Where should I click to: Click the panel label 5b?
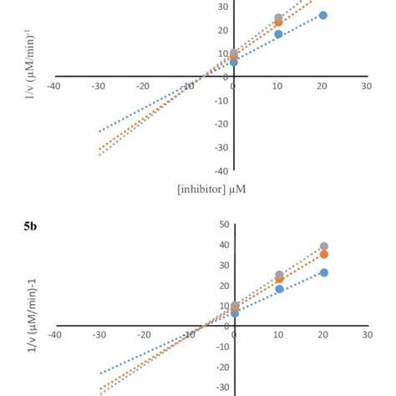tap(33, 226)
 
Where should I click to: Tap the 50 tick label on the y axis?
tap(223, 225)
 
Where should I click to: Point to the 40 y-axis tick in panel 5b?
tap(223, 245)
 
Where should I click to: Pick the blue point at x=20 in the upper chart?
tap(323, 15)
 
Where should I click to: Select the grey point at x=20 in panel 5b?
tap(323, 246)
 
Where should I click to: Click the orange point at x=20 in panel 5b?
tap(323, 254)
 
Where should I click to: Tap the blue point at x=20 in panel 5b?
tap(323, 272)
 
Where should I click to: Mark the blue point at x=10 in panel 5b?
tap(279, 289)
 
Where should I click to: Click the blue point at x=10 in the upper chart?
tap(278, 34)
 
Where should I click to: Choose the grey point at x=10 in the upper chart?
tap(278, 18)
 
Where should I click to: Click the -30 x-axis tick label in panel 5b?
tap(99, 335)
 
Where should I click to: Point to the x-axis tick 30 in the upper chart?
tap(367, 86)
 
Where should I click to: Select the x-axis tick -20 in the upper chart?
tap(144, 86)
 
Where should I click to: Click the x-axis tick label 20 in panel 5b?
tap(322, 335)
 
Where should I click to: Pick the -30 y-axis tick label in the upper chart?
tap(221, 148)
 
